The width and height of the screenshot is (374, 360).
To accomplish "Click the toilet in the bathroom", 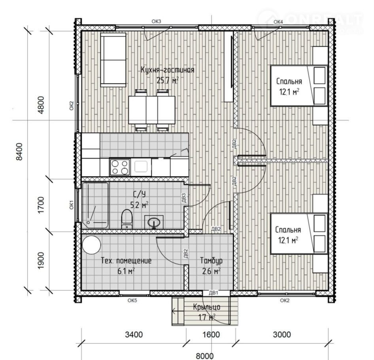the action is coord(127,219).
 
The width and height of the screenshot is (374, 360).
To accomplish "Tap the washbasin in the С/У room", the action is coord(154,222).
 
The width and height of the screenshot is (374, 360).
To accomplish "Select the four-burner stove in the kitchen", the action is coord(120,167).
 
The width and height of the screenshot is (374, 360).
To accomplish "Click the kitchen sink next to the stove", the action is coord(141,167).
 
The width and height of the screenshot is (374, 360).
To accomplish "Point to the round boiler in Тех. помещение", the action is coord(91,245).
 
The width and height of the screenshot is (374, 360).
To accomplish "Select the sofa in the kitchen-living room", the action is coord(113,60).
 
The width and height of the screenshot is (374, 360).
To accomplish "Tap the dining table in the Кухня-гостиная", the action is coord(152,110).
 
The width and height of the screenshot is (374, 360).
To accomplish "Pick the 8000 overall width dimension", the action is coord(205,356).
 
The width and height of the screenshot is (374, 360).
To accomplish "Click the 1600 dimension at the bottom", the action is coord(211,334).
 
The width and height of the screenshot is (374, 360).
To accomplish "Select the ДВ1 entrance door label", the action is coord(213,293).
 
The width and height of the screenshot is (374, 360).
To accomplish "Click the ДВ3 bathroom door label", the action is coord(183,198).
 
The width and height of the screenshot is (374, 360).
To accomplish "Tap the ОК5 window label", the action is coord(132,300).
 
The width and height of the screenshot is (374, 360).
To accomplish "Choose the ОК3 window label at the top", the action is coord(157,21).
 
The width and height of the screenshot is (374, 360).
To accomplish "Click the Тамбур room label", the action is coord(212,260).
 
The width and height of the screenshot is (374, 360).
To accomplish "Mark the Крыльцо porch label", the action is coord(206,307).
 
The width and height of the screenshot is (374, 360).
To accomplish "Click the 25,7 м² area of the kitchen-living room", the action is coord(168,80).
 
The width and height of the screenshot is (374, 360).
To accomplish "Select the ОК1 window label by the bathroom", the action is coord(72,205).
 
